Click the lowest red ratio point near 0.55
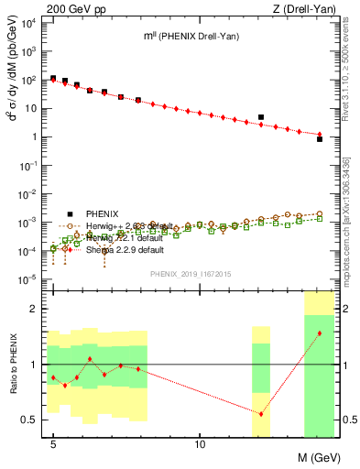(x=261, y=414)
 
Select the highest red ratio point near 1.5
(x=319, y=333)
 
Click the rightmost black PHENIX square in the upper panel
(x=319, y=138)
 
